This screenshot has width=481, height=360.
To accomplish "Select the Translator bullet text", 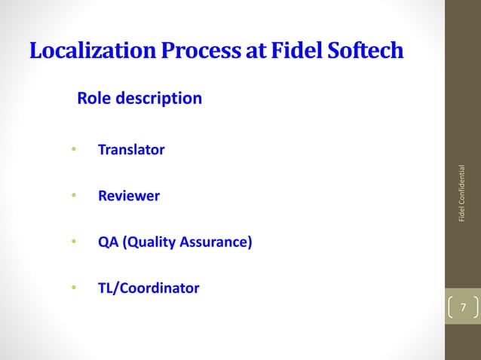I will [131, 149].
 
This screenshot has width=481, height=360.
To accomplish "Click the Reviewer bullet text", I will [129, 196].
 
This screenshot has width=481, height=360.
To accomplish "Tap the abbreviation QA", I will [109, 243].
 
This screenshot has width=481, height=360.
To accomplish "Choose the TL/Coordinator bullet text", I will [149, 288].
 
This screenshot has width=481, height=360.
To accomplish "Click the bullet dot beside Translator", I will [74, 149].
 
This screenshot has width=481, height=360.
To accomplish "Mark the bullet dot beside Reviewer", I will [74, 196].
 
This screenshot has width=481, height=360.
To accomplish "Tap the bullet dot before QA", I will [74, 243].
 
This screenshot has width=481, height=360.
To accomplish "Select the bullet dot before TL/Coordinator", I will [74, 288].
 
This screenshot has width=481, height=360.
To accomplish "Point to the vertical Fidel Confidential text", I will [463, 194].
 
